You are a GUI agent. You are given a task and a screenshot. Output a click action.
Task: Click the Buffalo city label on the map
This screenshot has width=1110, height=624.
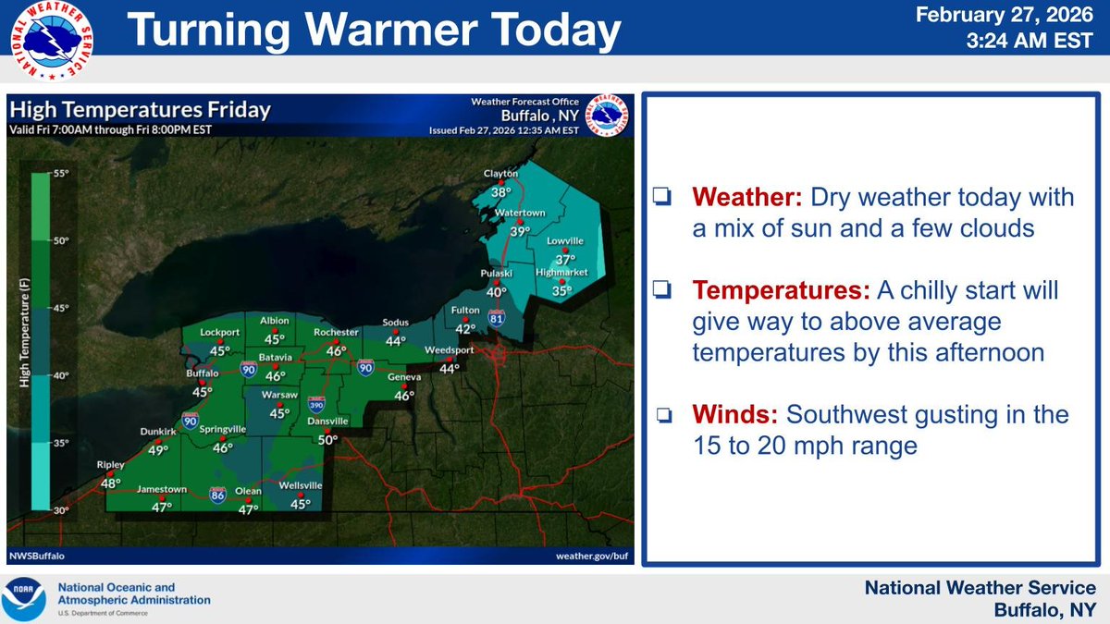click(x=201, y=373)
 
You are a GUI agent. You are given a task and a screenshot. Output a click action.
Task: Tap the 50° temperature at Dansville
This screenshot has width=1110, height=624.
click(x=328, y=440)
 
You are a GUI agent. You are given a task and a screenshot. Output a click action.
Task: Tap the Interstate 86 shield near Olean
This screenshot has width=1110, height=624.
click(x=218, y=495)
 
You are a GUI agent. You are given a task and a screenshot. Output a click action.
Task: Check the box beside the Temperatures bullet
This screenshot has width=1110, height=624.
click(x=661, y=290)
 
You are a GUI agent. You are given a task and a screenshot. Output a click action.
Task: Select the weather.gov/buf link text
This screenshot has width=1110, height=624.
click(x=591, y=556)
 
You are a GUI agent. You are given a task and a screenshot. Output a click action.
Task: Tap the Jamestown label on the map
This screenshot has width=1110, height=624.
click(x=162, y=490)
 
